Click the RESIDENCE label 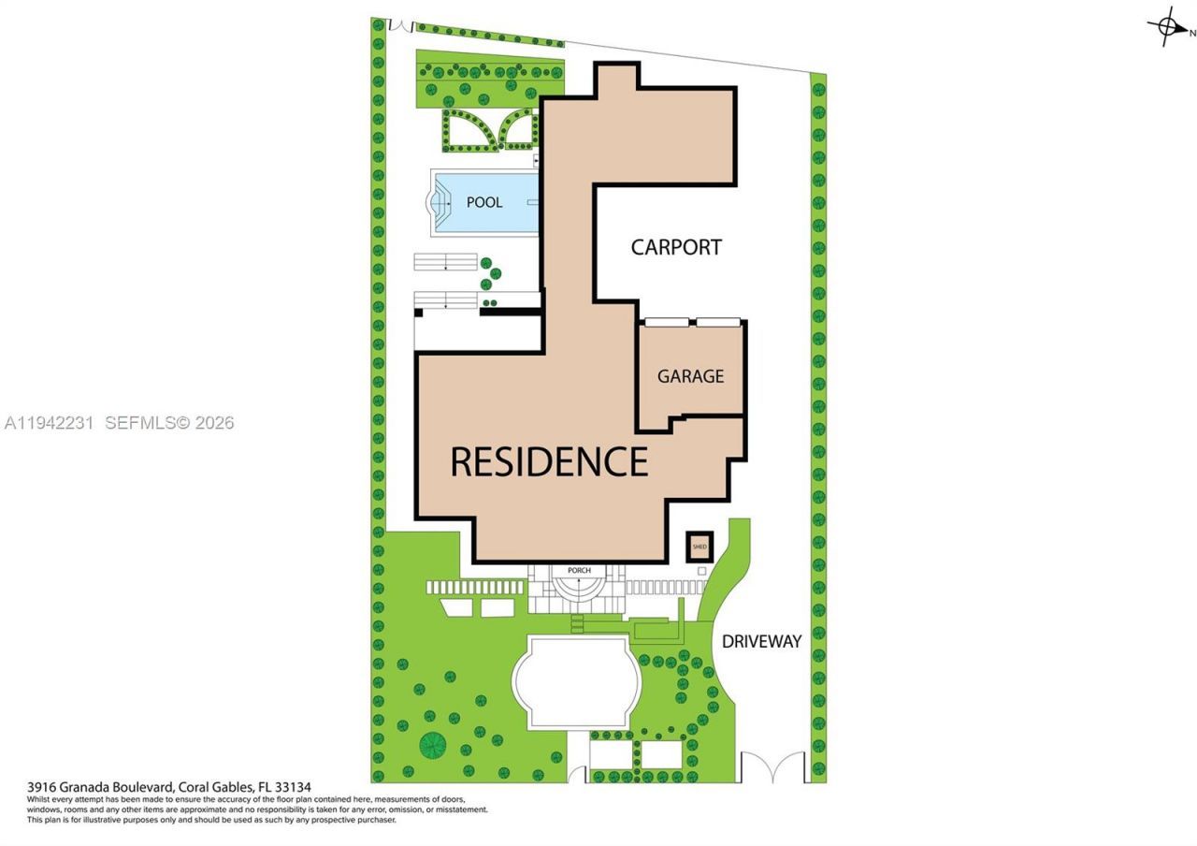[x=549, y=462]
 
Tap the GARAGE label [x=690, y=376]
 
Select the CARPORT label [x=676, y=247]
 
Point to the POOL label [x=484, y=202]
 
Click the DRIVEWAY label [x=761, y=641]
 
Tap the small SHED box [x=699, y=546]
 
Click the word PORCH [x=579, y=570]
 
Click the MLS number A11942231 [x=49, y=423]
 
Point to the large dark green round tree [x=433, y=745]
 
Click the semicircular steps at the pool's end [x=437, y=201]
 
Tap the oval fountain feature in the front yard [x=577, y=681]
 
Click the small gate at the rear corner [x=400, y=25]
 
